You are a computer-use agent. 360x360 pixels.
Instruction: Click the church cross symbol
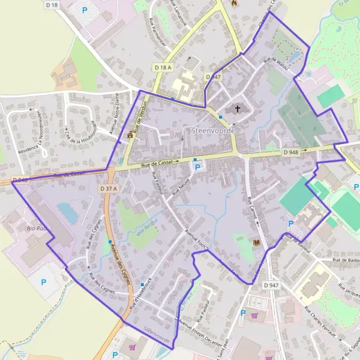point(238,109)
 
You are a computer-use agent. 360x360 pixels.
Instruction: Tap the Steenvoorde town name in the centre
point(213,130)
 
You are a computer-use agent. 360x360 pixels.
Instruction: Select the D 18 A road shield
point(163,68)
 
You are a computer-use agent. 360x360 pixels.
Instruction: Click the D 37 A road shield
point(107,188)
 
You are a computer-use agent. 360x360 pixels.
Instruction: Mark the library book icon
point(257,242)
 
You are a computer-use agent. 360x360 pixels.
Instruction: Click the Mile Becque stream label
point(146,224)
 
